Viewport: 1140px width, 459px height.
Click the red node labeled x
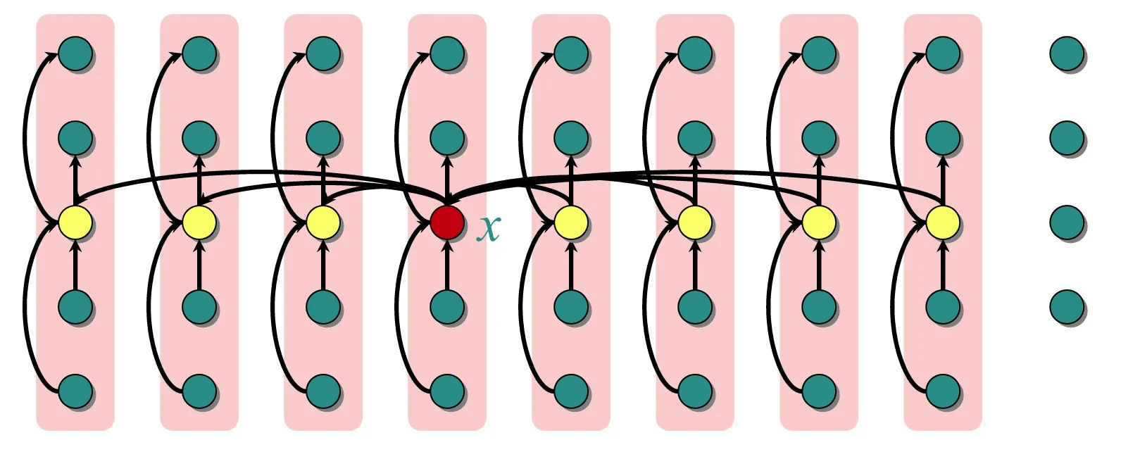[x=447, y=222]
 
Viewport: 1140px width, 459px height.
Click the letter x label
[x=488, y=227]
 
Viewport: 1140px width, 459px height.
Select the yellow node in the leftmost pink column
[x=75, y=222]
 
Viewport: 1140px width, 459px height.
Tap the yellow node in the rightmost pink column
[x=943, y=222]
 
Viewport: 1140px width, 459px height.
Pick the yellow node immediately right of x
[x=571, y=222]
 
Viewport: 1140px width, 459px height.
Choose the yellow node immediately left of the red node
[x=323, y=222]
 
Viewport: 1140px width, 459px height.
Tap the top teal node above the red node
[x=447, y=54]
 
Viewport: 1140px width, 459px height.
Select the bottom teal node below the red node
[x=447, y=391]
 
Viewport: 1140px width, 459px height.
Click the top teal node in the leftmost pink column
[x=75, y=54]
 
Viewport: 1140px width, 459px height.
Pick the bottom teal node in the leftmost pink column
[x=75, y=391]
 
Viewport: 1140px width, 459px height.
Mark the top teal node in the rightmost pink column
[x=943, y=54]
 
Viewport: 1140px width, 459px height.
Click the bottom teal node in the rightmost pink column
[x=943, y=391]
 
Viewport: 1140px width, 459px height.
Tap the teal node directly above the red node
[x=447, y=138]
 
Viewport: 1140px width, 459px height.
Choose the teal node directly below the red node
[x=447, y=307]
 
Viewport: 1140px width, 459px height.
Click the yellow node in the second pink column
[x=199, y=222]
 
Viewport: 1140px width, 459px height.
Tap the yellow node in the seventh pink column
[x=819, y=222]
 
